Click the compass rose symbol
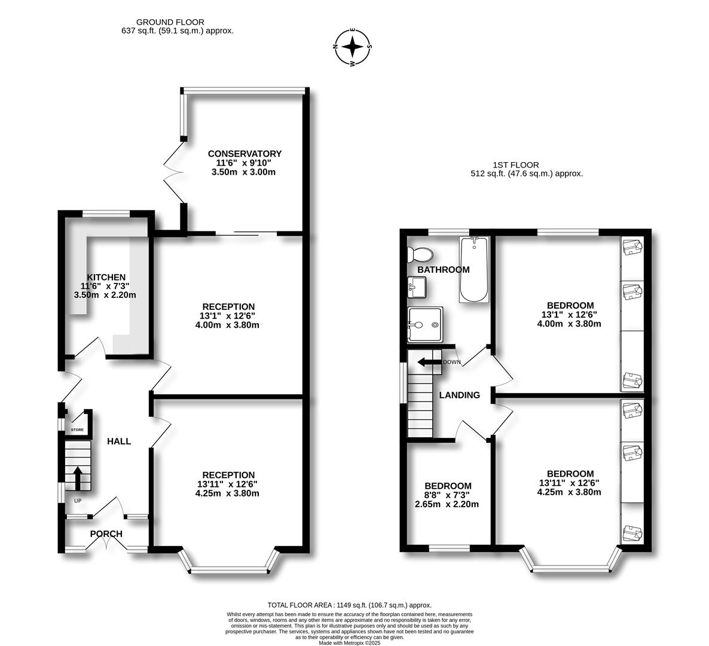[353, 47]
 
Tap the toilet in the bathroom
[420, 254]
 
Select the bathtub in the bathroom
[474, 269]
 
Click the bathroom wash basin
[417, 287]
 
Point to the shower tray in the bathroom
[425, 324]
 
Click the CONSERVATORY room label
[245, 154]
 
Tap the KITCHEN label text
[106, 278]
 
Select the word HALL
[119, 441]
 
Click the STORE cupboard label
[77, 429]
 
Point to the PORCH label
[106, 534]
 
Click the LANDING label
[459, 395]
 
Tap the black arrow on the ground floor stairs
[78, 478]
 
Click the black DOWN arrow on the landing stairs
[429, 362]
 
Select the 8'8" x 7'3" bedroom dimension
[447, 495]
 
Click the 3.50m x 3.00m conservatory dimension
[243, 172]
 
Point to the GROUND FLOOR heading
[170, 22]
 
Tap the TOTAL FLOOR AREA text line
[350, 605]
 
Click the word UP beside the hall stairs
[78, 501]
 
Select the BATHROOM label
[443, 270]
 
